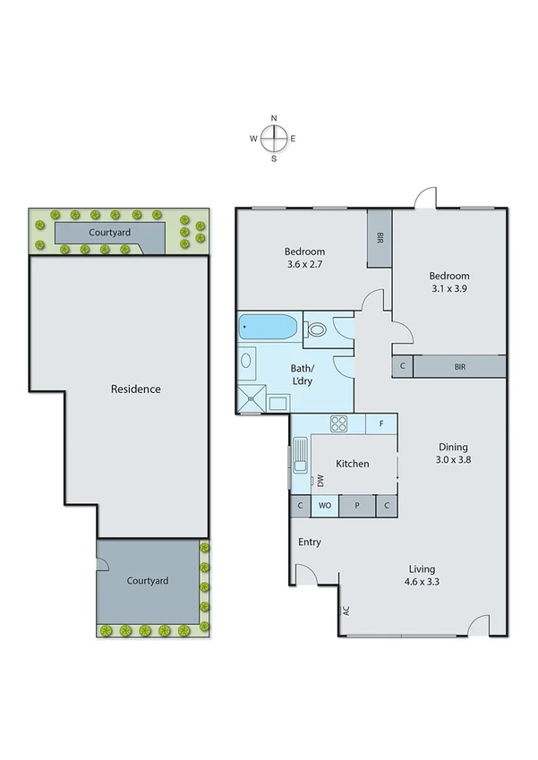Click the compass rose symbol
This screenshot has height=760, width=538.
tap(274, 138)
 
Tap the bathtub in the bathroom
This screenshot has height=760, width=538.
tap(269, 328)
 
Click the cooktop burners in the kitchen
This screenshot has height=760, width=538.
tap(340, 423)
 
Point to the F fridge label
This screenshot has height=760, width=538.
tap(381, 423)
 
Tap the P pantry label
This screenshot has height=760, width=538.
tap(356, 506)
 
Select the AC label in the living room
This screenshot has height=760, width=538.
tap(345, 612)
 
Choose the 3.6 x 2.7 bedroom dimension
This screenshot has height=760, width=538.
tap(304, 266)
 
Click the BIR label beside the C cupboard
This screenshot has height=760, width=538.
tap(459, 366)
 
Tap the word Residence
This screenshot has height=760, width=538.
tap(135, 389)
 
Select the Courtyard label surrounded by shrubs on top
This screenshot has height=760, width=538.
tap(110, 233)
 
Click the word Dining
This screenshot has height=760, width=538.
tap(453, 447)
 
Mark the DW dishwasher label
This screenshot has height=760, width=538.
tap(320, 482)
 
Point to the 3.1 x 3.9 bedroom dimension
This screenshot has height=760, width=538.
tap(448, 290)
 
